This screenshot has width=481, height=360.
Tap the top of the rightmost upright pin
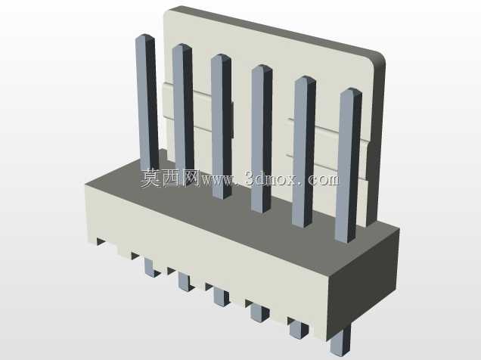[x=352, y=89]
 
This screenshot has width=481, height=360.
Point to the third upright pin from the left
[x=222, y=126]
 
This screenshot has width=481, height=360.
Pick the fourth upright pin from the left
[x=262, y=138]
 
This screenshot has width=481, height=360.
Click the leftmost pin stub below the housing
[x=151, y=268]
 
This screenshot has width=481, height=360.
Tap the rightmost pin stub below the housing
[x=340, y=343]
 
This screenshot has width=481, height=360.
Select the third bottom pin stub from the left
[x=221, y=296]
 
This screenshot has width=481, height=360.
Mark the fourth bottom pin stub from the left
[x=259, y=312]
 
